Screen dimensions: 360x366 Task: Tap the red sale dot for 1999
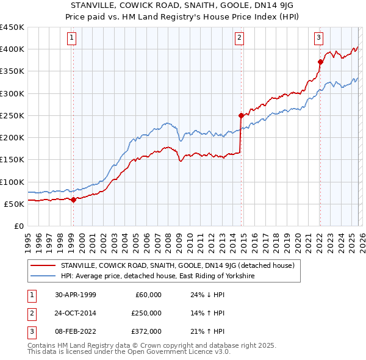tap(73, 200)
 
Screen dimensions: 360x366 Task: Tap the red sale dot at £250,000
tap(241, 115)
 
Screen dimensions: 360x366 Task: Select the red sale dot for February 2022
tap(320, 62)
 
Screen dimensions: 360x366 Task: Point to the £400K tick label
tap(12, 49)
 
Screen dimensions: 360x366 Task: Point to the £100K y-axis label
tap(12, 182)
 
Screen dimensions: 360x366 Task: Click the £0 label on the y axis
tap(18, 226)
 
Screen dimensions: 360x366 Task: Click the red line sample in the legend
tap(42, 265)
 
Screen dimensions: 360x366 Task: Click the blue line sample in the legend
tap(42, 276)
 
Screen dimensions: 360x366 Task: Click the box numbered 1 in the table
tap(30, 295)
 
